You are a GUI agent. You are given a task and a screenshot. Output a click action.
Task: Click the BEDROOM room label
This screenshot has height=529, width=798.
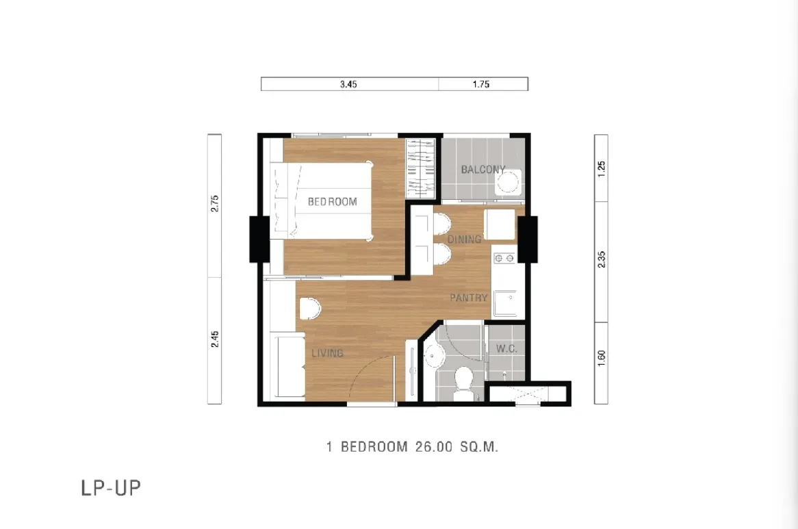coord(333,202)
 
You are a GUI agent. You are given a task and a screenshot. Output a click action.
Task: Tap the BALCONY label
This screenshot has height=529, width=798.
coord(483,170)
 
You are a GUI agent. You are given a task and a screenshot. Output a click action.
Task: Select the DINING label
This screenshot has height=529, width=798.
coord(464,239)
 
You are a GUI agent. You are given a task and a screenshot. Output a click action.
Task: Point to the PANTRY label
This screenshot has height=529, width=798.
coord(469,298)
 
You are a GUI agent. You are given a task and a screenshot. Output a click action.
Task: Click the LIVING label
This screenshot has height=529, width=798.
coord(327,352)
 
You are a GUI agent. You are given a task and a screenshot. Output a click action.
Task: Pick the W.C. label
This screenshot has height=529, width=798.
coord(506,348)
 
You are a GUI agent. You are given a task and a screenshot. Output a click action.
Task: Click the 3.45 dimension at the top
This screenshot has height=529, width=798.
coord(348,84)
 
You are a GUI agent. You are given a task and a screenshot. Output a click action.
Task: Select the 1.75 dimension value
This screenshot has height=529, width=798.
coord(481,84)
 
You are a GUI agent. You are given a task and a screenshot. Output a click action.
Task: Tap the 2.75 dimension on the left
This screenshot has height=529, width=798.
coord(215,203)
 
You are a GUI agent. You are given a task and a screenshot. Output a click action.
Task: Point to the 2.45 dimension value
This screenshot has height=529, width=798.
coord(215,339)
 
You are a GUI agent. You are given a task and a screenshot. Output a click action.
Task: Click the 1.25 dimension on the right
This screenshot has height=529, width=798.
coord(602,169)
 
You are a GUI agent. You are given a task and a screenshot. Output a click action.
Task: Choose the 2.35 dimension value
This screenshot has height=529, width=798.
coord(602,259)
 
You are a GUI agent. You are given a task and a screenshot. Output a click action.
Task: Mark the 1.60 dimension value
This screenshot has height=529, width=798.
coord(602,358)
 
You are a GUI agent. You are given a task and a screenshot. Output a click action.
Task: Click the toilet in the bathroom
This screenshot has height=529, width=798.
coord(463,384)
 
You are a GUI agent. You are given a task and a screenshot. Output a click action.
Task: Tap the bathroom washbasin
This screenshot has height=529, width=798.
coord(434,354)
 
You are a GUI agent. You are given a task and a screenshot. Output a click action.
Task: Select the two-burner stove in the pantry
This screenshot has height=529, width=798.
coord(504,259)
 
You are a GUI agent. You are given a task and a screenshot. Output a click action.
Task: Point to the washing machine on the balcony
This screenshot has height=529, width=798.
coord(508,182)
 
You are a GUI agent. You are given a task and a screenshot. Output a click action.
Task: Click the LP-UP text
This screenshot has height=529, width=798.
coord(111,488)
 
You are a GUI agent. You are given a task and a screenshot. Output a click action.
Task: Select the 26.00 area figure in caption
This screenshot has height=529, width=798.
coord(434,447)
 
